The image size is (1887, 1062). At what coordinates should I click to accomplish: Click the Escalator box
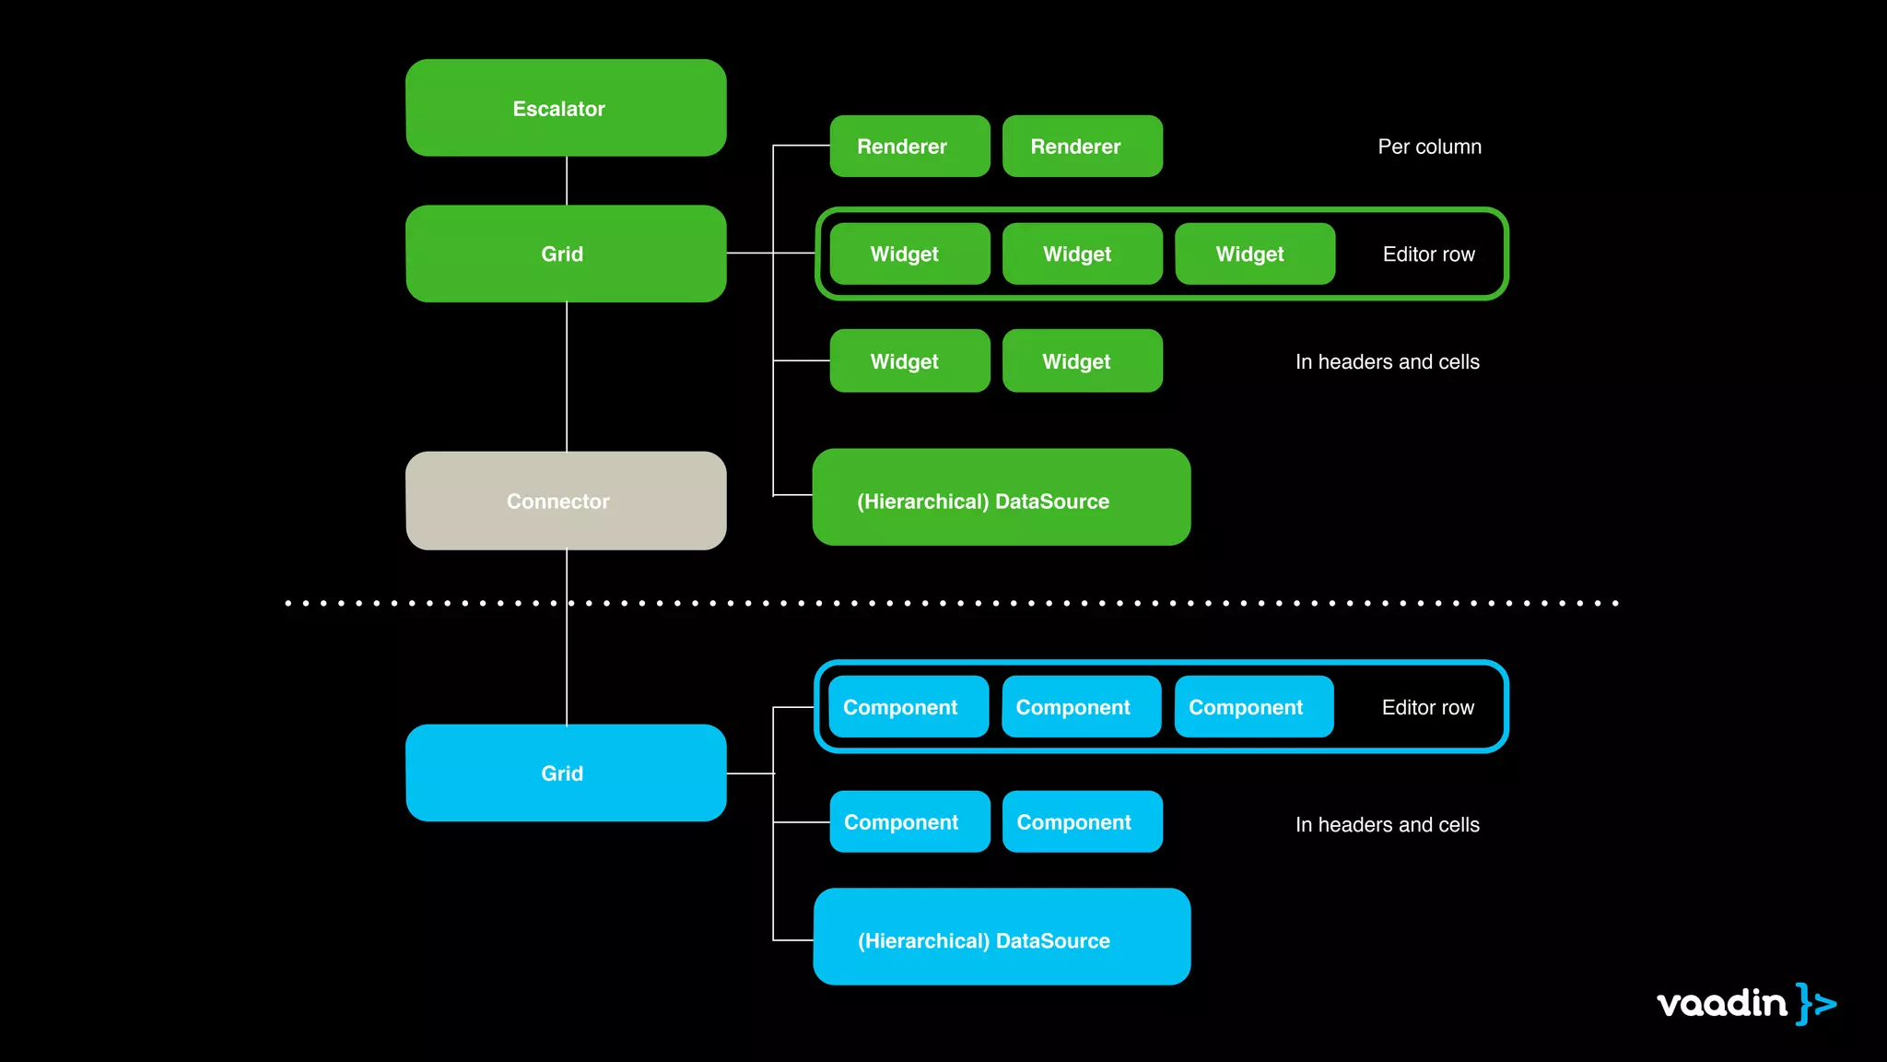click(x=566, y=108)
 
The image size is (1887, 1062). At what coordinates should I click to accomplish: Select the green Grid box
click(x=566, y=254)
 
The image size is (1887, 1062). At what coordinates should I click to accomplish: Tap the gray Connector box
click(x=566, y=501)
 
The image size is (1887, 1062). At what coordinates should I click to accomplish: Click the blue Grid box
click(x=566, y=773)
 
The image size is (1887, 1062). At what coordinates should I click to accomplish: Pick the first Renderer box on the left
click(x=909, y=146)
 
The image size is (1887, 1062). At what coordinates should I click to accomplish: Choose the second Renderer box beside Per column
click(x=1082, y=146)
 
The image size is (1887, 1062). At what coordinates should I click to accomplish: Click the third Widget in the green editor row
click(x=1254, y=254)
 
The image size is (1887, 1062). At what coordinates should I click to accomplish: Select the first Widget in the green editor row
click(x=909, y=254)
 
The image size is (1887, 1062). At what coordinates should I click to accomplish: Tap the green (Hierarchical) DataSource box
click(x=1001, y=497)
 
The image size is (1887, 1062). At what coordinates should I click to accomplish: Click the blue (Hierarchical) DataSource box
click(x=1001, y=937)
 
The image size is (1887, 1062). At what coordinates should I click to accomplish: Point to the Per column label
click(x=1429, y=147)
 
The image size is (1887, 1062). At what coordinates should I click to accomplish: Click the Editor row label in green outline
click(x=1428, y=254)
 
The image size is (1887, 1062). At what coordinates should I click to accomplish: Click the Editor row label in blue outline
click(x=1427, y=707)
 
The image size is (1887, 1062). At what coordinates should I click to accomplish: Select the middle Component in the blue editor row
click(x=1081, y=706)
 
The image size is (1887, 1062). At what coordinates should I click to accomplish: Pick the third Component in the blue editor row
click(x=1253, y=706)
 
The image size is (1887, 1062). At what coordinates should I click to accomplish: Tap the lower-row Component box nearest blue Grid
click(x=909, y=821)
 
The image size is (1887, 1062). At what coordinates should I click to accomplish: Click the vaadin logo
click(x=1745, y=1003)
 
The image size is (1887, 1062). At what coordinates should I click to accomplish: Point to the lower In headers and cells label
click(x=1387, y=824)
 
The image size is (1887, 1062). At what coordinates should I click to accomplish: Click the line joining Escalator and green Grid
click(x=567, y=181)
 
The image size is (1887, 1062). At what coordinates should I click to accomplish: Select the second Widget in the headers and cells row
click(x=1082, y=360)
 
